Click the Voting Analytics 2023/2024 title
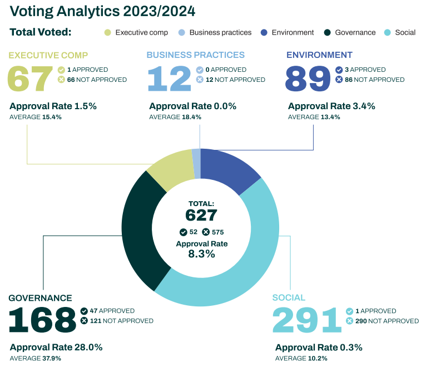pyautogui.click(x=102, y=11)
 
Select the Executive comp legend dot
pyautogui.click(x=108, y=32)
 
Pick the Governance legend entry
pyautogui.click(x=350, y=32)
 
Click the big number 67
pyautogui.click(x=29, y=79)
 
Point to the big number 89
pyautogui.click(x=308, y=79)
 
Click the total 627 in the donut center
pyautogui.click(x=201, y=215)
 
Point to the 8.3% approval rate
pyautogui.click(x=201, y=254)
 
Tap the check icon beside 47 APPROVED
pyautogui.click(x=85, y=311)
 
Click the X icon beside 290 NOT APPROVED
pyautogui.click(x=350, y=321)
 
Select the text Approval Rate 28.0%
pyautogui.click(x=56, y=347)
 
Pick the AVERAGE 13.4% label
pyautogui.click(x=314, y=117)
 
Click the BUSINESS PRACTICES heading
pyautogui.click(x=195, y=55)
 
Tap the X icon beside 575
pyautogui.click(x=206, y=232)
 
